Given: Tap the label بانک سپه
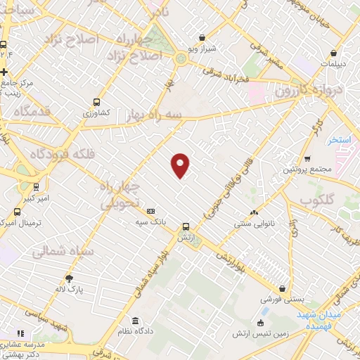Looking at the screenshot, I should click(x=150, y=221).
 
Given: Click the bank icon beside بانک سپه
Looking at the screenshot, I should click(x=150, y=211).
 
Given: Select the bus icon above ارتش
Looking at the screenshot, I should click(x=186, y=226).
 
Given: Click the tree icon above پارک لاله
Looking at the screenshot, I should click(x=68, y=278).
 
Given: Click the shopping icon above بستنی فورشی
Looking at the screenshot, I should click(x=283, y=288).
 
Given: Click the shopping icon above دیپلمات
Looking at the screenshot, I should click(x=333, y=52).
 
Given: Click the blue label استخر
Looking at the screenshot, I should click(x=340, y=140).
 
